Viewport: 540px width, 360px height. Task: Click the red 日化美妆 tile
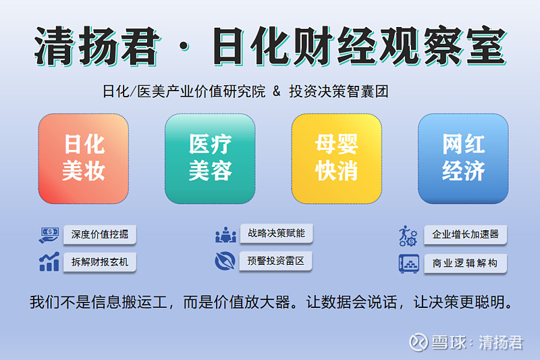tap(83, 158)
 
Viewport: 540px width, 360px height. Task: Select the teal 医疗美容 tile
tap(210, 158)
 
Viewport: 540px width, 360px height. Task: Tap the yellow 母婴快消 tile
tap(336, 158)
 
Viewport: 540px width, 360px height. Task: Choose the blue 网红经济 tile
tap(463, 158)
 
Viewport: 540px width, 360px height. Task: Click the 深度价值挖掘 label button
tap(100, 235)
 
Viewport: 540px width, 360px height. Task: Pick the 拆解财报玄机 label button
tap(100, 262)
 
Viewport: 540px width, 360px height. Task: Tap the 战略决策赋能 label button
tap(276, 234)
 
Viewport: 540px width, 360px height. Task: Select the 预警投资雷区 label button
tap(276, 261)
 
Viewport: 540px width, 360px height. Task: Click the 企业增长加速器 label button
tap(465, 235)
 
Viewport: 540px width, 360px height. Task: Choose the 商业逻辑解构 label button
tap(465, 263)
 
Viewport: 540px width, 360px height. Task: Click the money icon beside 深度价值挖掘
tap(49, 235)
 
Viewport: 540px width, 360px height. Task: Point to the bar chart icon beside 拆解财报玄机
tap(49, 262)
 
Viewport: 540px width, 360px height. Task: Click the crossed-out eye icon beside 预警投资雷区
tap(225, 261)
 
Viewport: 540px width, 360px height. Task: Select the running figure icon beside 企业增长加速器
tap(408, 235)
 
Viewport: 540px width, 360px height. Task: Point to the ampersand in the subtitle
tap(276, 91)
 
